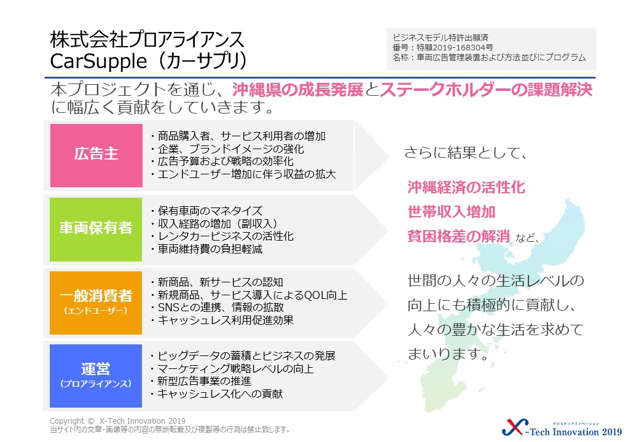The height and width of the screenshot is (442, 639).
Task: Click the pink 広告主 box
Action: pyautogui.click(x=96, y=155)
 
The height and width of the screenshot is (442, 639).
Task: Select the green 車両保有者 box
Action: pyautogui.click(x=96, y=229)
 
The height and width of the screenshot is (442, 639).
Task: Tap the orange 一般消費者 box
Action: pyautogui.click(x=96, y=303)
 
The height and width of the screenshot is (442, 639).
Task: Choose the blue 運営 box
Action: pyautogui.click(x=96, y=376)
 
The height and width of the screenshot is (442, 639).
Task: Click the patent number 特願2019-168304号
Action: pyautogui.click(x=455, y=48)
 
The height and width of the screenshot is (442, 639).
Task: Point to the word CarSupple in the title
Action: pyautogui.click(x=98, y=61)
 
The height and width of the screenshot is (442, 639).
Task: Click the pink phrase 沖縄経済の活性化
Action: pyautogui.click(x=466, y=187)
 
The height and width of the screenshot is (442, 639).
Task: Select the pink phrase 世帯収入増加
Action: pyautogui.click(x=452, y=212)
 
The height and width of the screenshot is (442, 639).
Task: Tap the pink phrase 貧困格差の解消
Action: pyautogui.click(x=459, y=236)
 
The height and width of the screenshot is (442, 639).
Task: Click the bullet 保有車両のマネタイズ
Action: pyautogui.click(x=210, y=211)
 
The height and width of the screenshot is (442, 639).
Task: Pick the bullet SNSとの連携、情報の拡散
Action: pyautogui.click(x=221, y=308)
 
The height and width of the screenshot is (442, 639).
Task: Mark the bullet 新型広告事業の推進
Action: pyautogui.click(x=204, y=381)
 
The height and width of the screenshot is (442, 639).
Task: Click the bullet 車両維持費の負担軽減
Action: pyautogui.click(x=210, y=249)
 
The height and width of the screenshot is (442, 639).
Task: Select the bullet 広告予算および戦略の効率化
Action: pyautogui.click(x=225, y=161)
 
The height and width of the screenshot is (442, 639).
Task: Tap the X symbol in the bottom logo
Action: pyautogui.click(x=515, y=427)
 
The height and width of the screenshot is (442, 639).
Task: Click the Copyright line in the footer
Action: pyautogui.click(x=117, y=421)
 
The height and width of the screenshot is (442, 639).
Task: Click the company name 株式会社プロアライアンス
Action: pyautogui.click(x=147, y=39)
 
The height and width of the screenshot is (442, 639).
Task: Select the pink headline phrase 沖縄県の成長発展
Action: pyautogui.click(x=297, y=90)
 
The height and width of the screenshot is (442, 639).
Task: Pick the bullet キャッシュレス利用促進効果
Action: pyautogui.click(x=225, y=320)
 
